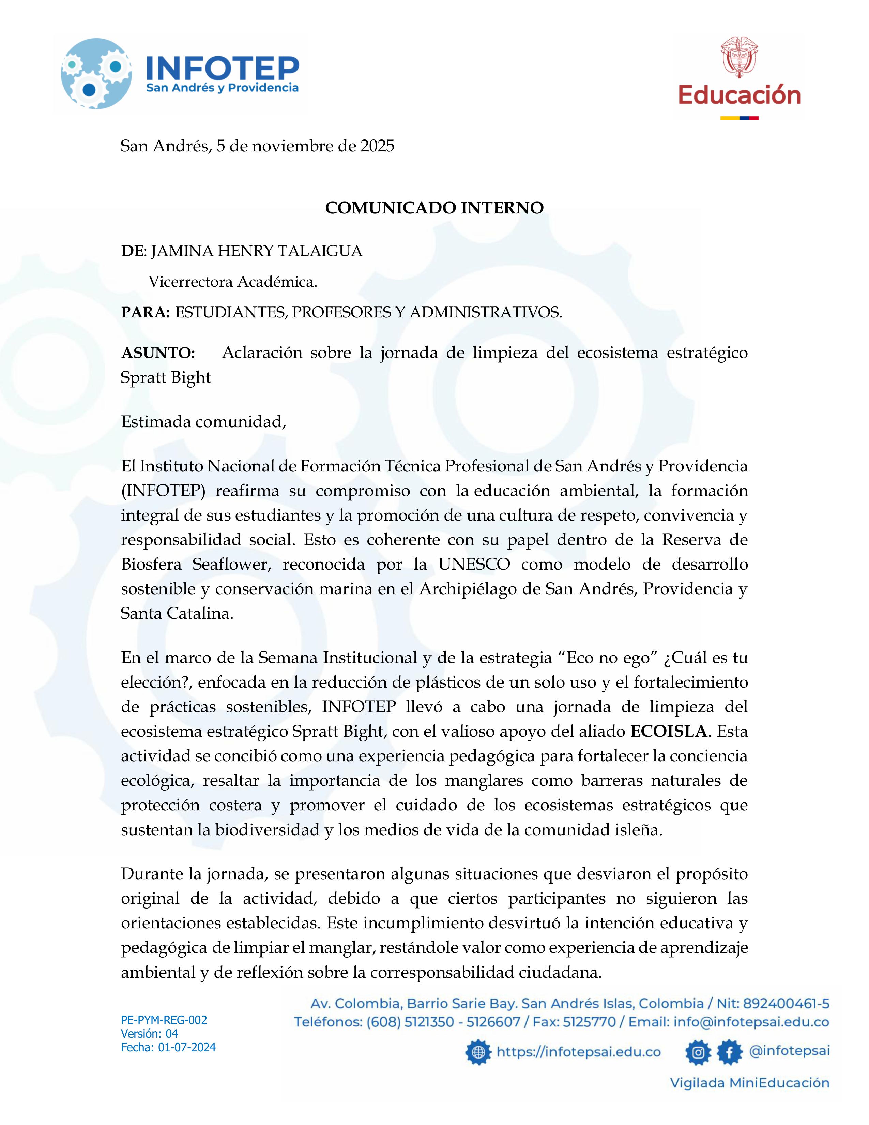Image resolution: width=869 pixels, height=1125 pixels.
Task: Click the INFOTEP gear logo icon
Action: tap(96, 74)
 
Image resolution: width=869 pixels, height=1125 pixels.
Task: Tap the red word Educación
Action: tap(739, 96)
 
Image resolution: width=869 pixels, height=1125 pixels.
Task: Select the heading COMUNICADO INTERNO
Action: tap(434, 208)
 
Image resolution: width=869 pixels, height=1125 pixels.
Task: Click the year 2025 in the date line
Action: tap(377, 146)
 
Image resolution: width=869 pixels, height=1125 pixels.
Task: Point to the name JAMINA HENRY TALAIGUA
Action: tap(256, 251)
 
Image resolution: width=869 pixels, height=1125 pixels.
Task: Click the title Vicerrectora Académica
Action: tap(233, 282)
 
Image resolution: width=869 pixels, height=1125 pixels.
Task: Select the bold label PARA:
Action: tap(145, 312)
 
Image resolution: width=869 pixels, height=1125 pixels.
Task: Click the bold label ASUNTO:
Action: tap(158, 353)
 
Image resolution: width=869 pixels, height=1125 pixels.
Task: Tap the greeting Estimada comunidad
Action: tap(203, 422)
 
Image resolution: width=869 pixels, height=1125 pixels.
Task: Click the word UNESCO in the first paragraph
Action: tap(474, 564)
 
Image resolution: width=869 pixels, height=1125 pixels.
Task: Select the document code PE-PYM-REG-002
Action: tap(164, 1020)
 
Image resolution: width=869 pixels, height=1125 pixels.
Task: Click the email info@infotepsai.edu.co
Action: tap(751, 1022)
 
